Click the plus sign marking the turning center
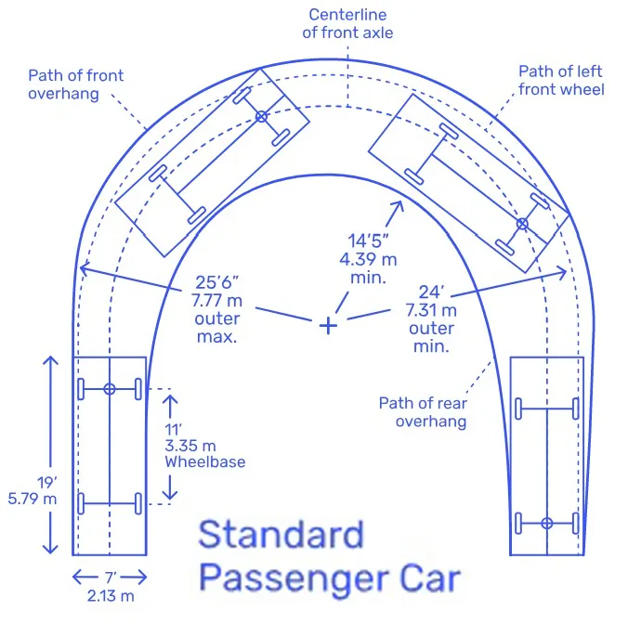(x=328, y=325)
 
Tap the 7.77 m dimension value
(x=216, y=301)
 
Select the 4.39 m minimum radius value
(x=368, y=260)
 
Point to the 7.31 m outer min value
(x=431, y=310)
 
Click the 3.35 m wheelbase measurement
(x=190, y=446)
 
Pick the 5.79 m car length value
(x=33, y=499)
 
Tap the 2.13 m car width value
(x=111, y=596)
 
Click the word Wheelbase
(x=205, y=461)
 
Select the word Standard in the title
(x=281, y=534)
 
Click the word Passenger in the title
(x=294, y=579)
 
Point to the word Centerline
(x=347, y=15)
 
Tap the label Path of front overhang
(x=75, y=84)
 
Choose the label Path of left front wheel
(x=561, y=81)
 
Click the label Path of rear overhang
(x=423, y=412)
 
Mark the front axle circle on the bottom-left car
(x=110, y=389)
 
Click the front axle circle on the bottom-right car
(x=547, y=523)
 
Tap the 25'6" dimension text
(x=216, y=282)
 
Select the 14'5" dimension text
(x=368, y=240)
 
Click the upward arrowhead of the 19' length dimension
(x=50, y=360)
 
